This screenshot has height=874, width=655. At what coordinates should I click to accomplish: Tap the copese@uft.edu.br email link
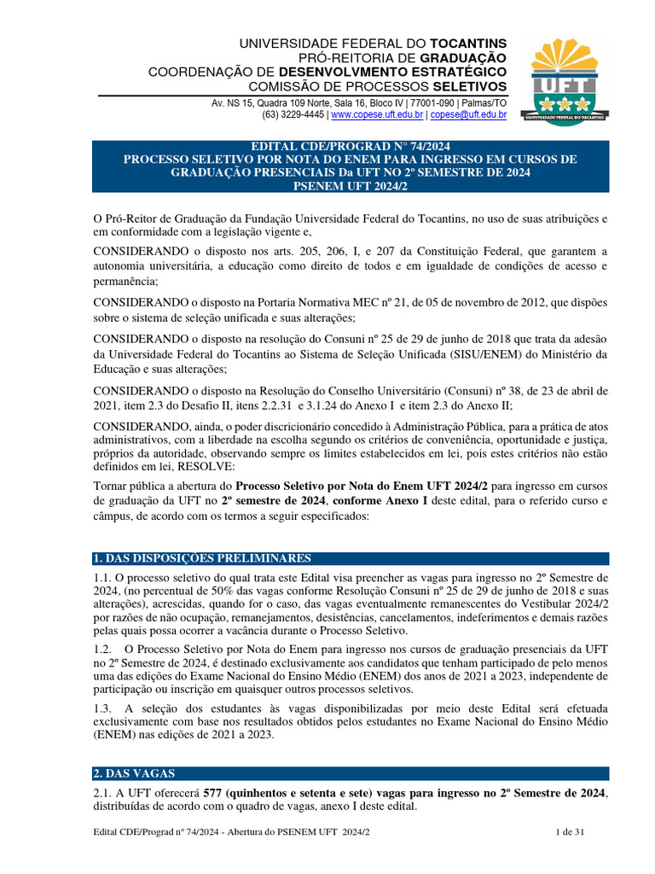pyautogui.click(x=468, y=114)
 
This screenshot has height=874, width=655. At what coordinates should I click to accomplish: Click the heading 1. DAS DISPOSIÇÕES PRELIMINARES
pyautogui.click(x=202, y=558)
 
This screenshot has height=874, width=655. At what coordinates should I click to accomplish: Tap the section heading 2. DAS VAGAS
pyautogui.click(x=135, y=773)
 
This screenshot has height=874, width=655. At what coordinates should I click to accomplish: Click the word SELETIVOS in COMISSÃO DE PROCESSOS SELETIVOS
pyautogui.click(x=469, y=86)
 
